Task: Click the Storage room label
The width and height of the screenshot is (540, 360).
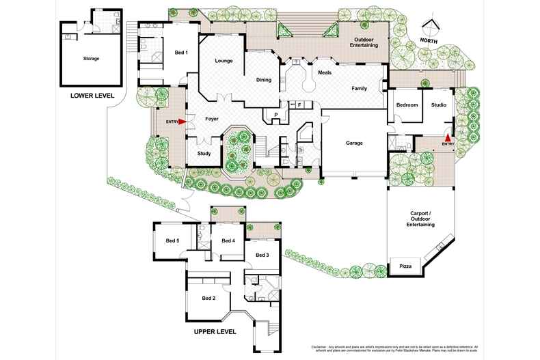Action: [91, 59]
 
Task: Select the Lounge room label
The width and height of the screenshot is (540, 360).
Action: [224, 61]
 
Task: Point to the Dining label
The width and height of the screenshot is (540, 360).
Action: [263, 80]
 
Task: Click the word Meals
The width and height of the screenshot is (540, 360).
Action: [325, 72]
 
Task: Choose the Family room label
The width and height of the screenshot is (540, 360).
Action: [360, 89]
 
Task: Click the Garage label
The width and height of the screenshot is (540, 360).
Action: [353, 143]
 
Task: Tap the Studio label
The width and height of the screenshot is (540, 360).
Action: [438, 105]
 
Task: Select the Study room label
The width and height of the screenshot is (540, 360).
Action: [204, 154]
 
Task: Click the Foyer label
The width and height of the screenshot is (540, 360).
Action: [212, 119]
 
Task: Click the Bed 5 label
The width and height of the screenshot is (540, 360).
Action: [172, 240]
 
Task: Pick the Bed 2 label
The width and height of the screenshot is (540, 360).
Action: [209, 298]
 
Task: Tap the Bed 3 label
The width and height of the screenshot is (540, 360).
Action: [262, 255]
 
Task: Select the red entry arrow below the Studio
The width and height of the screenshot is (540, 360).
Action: [448, 137]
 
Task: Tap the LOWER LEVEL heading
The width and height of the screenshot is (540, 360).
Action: [92, 96]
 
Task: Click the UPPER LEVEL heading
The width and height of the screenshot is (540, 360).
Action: [215, 331]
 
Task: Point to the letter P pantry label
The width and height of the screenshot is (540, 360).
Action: [276, 114]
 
